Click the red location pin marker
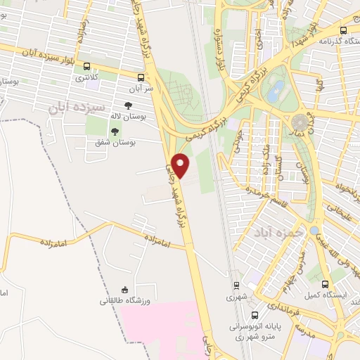(x=181, y=165)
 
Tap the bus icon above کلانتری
(x=86, y=64)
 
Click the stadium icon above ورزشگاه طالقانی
(x=124, y=289)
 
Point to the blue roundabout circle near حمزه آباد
(x=314, y=230)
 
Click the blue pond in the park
(x=278, y=89)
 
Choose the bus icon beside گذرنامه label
(x=343, y=30)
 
